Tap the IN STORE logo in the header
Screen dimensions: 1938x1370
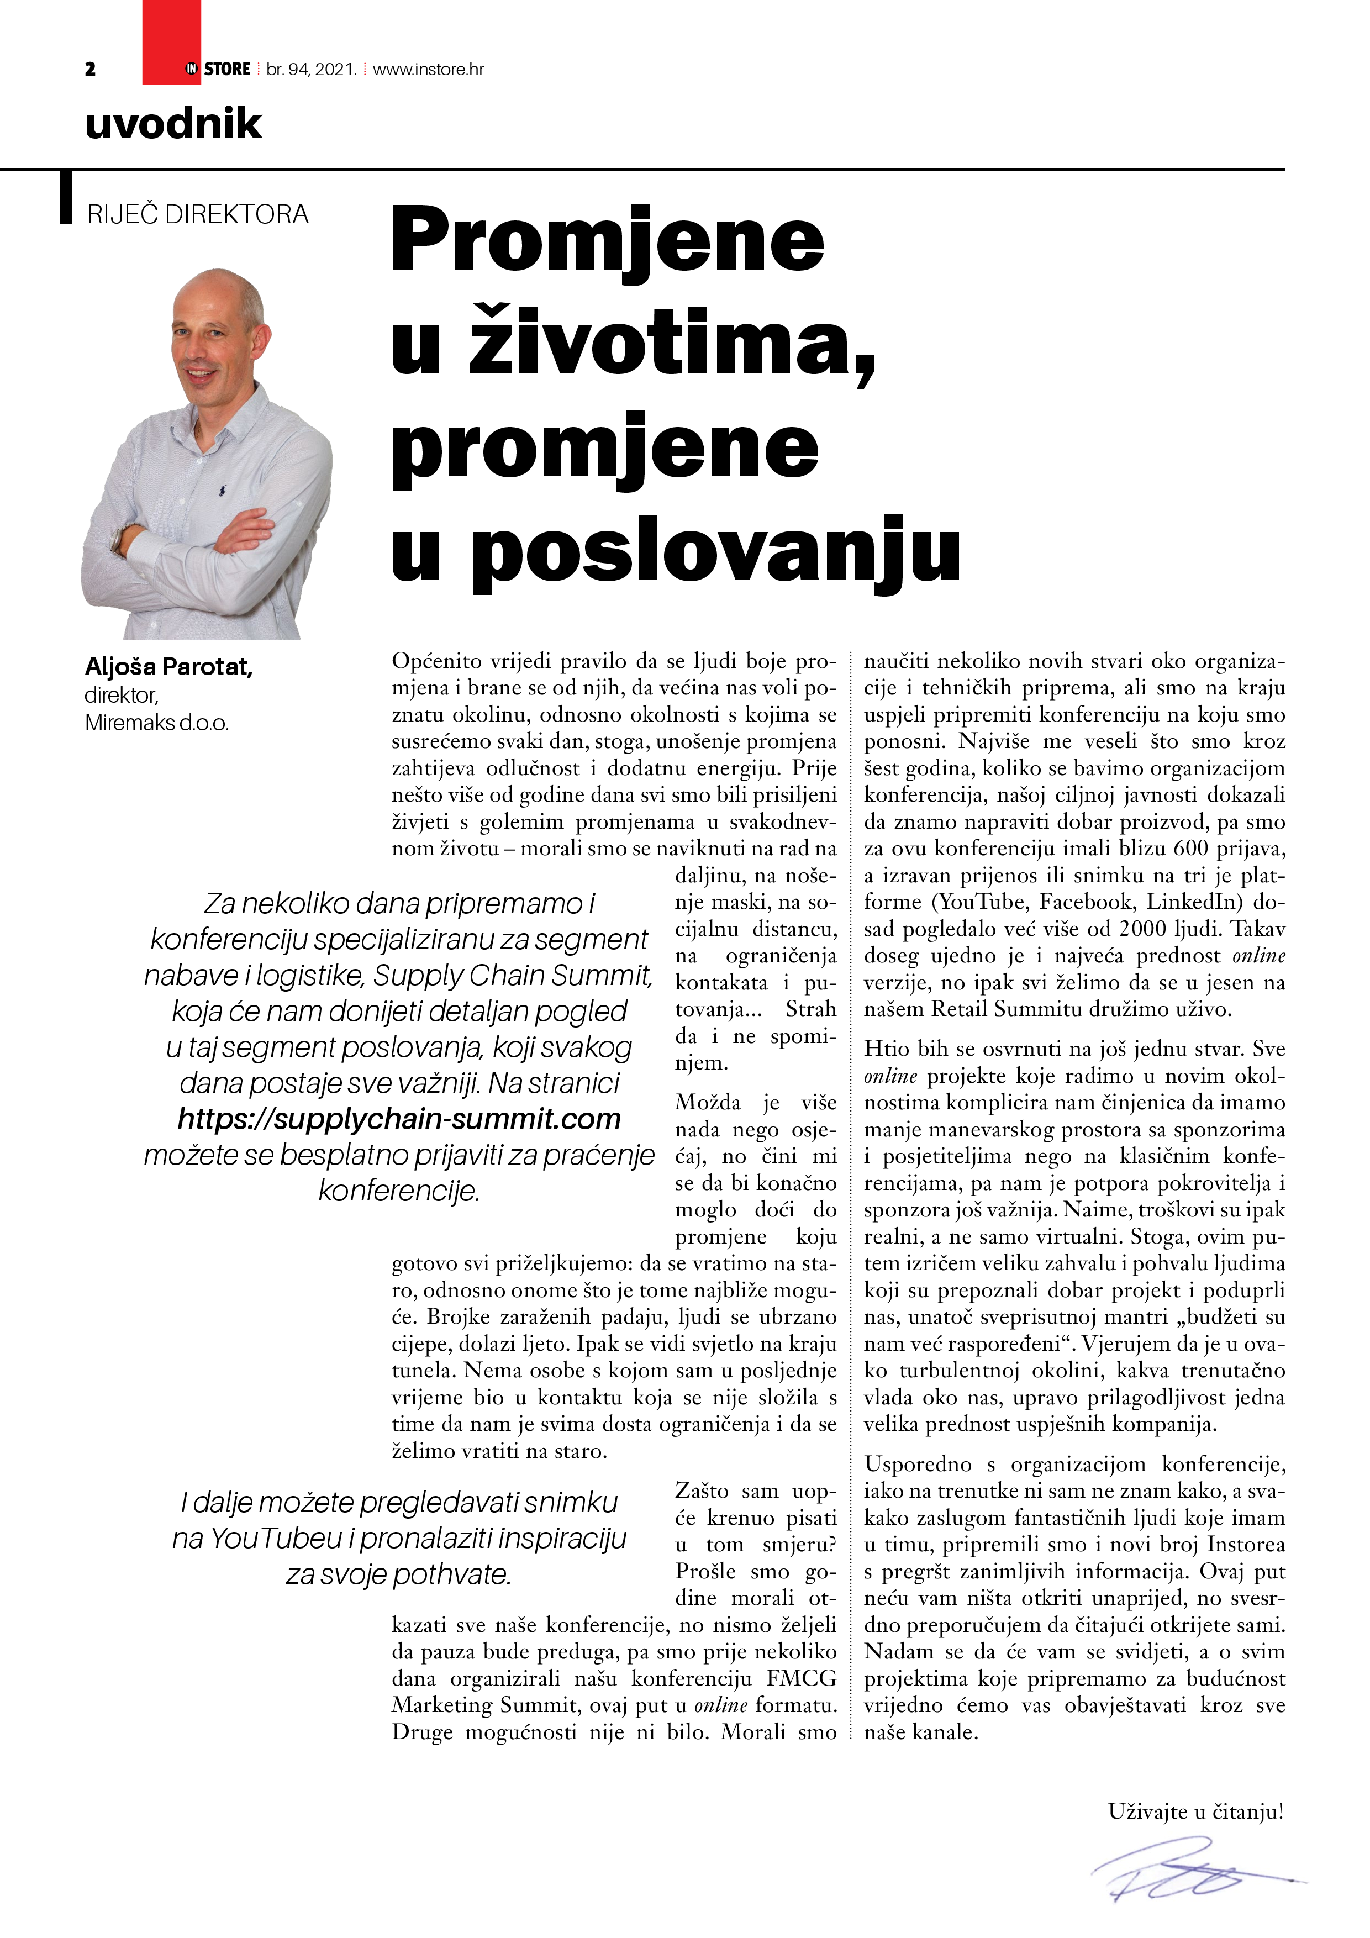pyautogui.click(x=218, y=69)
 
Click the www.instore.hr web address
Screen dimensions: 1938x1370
pyautogui.click(x=428, y=69)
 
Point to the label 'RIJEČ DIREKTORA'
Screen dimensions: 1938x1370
pyautogui.click(x=198, y=214)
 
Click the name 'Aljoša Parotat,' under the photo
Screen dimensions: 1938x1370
pyautogui.click(x=169, y=667)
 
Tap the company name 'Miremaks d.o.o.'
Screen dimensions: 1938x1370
pyautogui.click(x=157, y=723)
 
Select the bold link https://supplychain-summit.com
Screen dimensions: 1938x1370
pyautogui.click(x=399, y=1119)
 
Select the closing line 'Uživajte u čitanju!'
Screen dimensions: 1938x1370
pyautogui.click(x=1195, y=1810)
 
